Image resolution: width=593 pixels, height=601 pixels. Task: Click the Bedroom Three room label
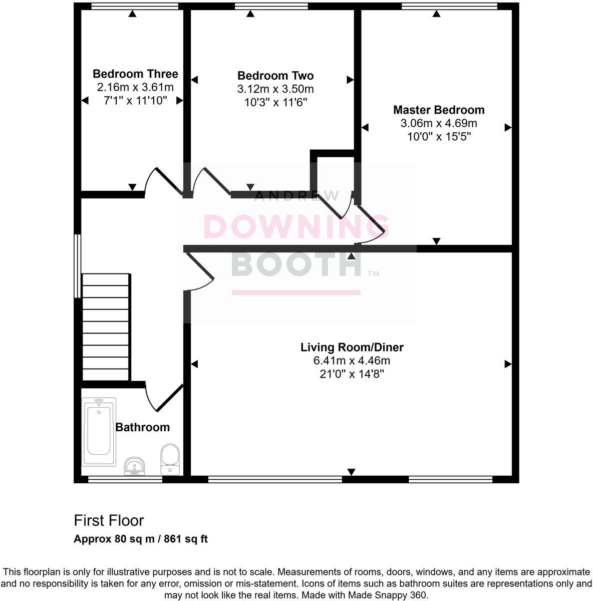coord(135,74)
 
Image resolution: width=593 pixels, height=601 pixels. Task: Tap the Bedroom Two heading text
coord(275,76)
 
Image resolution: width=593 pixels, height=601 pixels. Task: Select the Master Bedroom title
coord(439,110)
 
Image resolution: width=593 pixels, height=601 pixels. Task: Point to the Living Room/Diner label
coord(352,347)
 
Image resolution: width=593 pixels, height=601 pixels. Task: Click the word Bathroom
coord(142,427)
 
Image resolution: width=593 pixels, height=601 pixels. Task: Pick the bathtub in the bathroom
coord(99,432)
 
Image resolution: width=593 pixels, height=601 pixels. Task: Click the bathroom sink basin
coord(134,466)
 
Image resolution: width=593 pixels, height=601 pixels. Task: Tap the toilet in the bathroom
coord(170,459)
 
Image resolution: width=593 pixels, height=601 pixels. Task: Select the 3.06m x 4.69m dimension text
coord(439,123)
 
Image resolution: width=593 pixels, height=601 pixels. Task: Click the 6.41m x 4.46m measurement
coord(352,361)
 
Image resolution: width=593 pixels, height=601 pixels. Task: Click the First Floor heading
coord(109,520)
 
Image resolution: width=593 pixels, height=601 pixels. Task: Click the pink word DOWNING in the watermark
coord(296,227)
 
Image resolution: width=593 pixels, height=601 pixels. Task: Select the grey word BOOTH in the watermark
coord(296,263)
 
